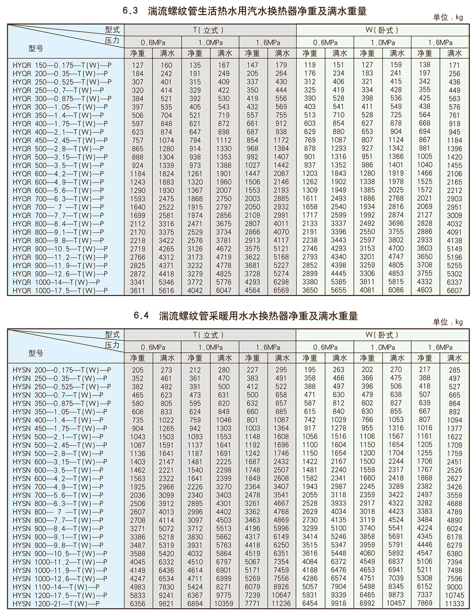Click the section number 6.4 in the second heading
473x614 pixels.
(x=141, y=316)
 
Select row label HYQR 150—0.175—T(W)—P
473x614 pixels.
(x=62, y=65)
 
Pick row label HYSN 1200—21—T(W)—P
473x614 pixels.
(x=56, y=604)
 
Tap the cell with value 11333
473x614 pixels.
(x=455, y=604)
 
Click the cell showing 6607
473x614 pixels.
(x=455, y=290)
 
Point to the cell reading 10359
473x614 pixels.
(x=224, y=604)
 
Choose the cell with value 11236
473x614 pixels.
(x=281, y=604)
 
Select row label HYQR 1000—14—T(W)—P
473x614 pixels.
(x=56, y=282)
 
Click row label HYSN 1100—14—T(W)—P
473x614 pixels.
(x=56, y=587)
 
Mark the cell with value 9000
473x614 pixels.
(x=455, y=587)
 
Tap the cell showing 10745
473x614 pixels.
(x=455, y=595)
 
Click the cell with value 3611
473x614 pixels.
(x=138, y=290)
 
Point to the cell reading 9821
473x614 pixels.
(x=166, y=604)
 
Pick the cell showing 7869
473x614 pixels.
(x=425, y=603)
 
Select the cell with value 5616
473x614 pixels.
(x=166, y=290)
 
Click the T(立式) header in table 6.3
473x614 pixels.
(x=208, y=30)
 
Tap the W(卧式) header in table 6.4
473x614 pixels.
(x=382, y=335)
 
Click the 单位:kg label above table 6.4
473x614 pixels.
(x=448, y=322)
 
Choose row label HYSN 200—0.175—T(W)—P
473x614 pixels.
(x=62, y=370)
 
